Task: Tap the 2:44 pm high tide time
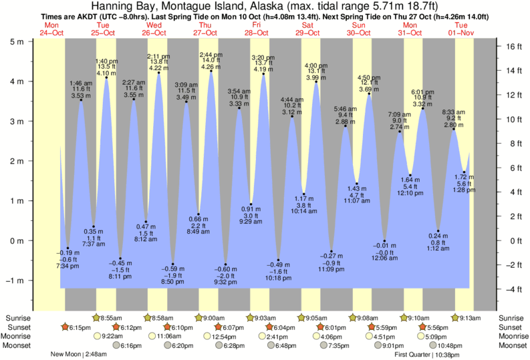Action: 211,54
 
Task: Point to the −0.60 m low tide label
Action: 225,269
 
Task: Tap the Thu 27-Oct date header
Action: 206,29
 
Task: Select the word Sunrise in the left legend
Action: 17,318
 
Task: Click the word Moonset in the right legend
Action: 511,346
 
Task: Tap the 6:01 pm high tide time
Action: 422,92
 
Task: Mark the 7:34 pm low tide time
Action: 68,266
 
